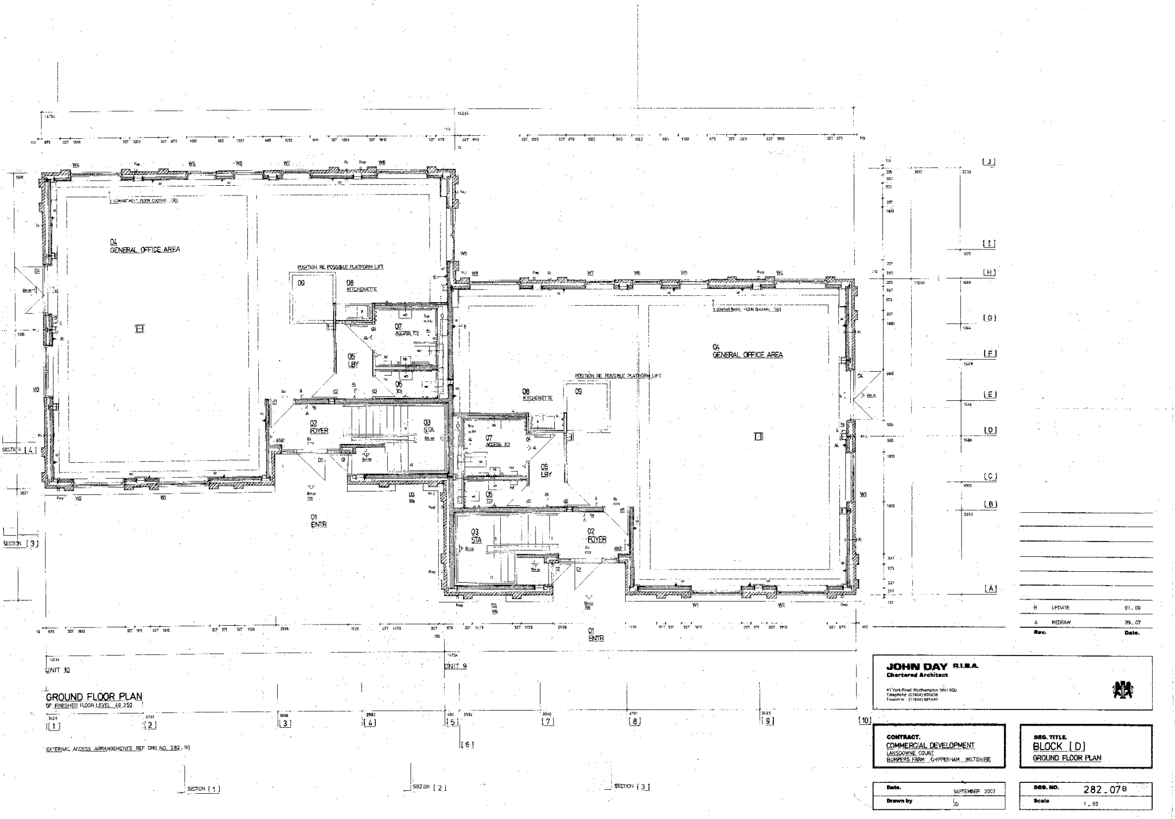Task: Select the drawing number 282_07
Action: point(1101,790)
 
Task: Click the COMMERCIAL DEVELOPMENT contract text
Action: point(930,745)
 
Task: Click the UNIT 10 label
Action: point(57,670)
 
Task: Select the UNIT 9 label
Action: point(456,666)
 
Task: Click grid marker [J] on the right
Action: point(989,162)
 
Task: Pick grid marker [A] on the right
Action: point(990,588)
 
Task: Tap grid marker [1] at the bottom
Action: point(54,726)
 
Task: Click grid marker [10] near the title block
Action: point(864,720)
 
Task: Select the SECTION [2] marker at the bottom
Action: point(430,787)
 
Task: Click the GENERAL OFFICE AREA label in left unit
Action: point(145,249)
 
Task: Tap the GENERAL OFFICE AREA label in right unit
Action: point(748,355)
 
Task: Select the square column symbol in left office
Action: point(139,329)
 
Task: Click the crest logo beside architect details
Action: point(1123,689)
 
